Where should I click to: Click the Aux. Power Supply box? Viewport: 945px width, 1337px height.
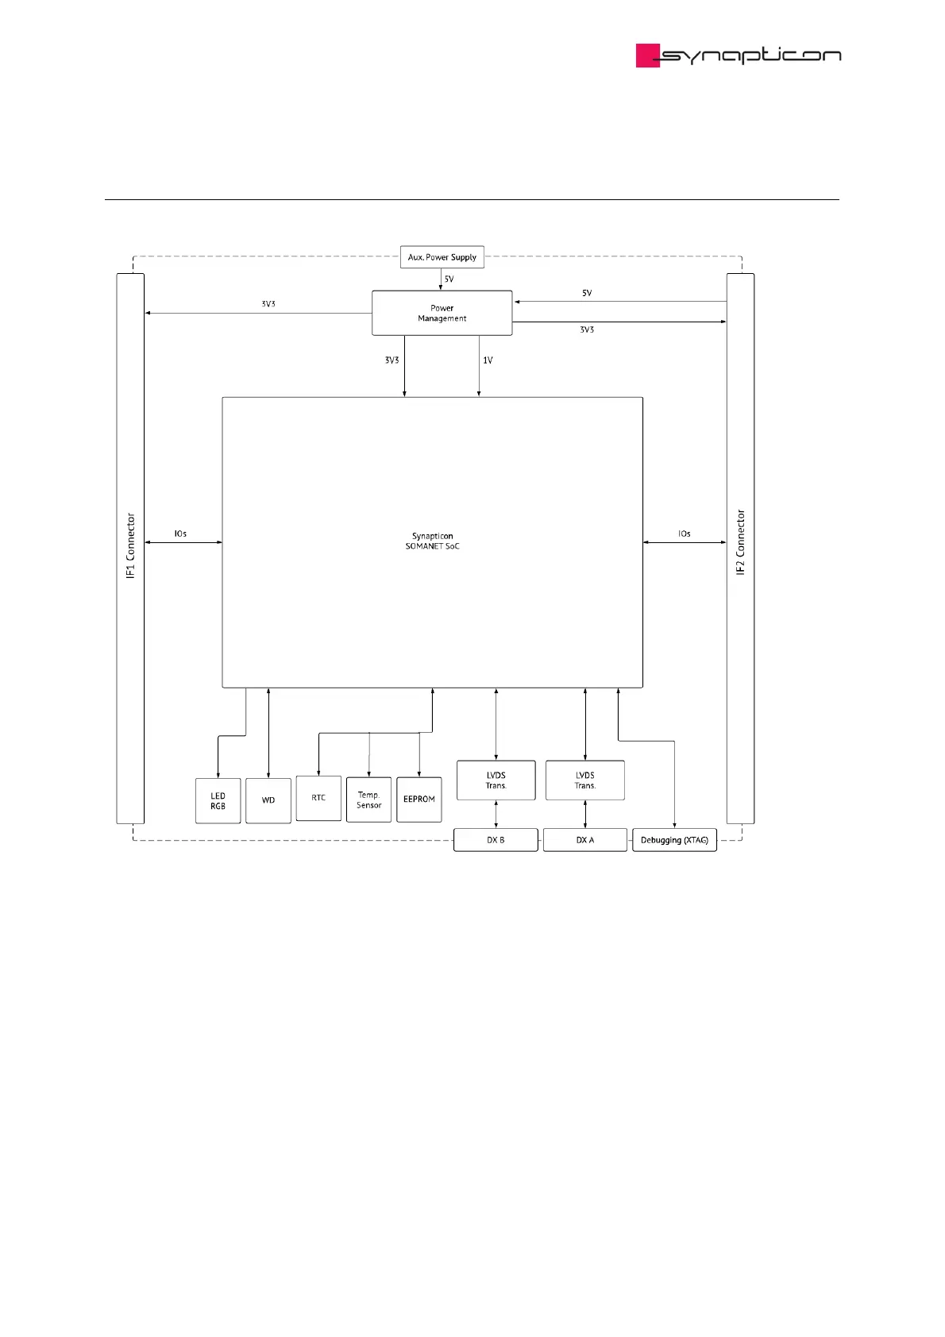442,257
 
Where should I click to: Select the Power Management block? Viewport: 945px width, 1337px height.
442,313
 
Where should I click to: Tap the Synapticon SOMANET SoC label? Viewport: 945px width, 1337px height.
432,541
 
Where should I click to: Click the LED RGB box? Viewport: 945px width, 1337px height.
218,801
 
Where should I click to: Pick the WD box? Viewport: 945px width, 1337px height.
268,800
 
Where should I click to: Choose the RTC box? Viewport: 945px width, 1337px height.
318,798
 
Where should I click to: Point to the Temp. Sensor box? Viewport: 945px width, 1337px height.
368,800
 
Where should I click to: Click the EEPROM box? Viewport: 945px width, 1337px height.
419,800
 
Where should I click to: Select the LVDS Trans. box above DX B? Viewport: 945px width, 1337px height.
496,780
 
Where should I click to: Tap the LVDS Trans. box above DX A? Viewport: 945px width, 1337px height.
585,780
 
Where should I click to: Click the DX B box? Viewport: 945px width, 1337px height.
496,840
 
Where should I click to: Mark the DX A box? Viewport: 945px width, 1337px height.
585,840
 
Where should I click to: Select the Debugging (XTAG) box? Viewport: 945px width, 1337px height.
674,840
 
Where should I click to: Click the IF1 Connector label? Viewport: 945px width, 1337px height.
131,545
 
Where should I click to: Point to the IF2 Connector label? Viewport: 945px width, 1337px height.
740,542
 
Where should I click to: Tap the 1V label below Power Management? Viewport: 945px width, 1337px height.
488,360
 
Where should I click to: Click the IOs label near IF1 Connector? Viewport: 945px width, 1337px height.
180,534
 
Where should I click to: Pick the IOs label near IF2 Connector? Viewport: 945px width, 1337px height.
684,534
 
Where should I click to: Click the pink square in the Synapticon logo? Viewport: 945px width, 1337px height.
648,56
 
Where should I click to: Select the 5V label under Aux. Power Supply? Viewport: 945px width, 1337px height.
449,279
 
